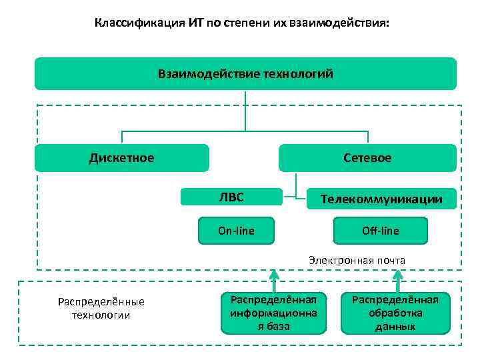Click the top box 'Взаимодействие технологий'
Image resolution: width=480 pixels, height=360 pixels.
pyautogui.click(x=245, y=73)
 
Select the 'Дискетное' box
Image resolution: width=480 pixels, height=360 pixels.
pyautogui.click(x=121, y=158)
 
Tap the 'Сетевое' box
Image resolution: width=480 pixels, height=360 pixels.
pyautogui.click(x=367, y=158)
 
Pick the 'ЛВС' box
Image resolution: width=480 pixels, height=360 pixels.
pyautogui.click(x=231, y=197)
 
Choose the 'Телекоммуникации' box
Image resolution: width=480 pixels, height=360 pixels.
pyautogui.click(x=381, y=199)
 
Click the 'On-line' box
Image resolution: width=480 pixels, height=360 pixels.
pyautogui.click(x=236, y=231)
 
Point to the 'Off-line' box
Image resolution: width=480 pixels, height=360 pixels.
pyautogui.click(x=381, y=231)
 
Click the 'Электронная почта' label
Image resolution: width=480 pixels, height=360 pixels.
pyautogui.click(x=357, y=260)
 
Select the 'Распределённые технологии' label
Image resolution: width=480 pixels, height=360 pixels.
pyautogui.click(x=101, y=308)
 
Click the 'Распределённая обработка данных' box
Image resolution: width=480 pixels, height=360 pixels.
pyautogui.click(x=395, y=312)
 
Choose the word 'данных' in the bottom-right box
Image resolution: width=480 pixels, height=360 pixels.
pyautogui.click(x=395, y=327)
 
